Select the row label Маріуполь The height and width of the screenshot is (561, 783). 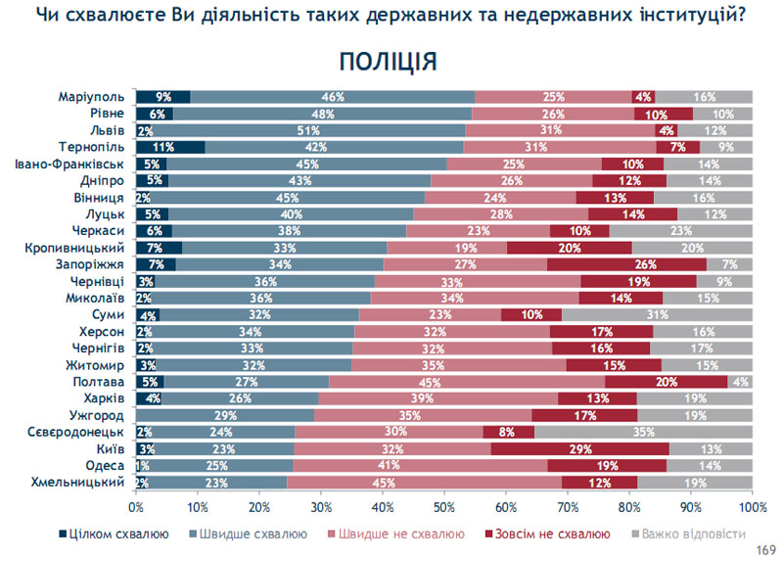pyautogui.click(x=91, y=97)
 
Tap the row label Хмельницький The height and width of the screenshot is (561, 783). pyautogui.click(x=82, y=483)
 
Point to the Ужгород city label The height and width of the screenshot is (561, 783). pyautogui.click(x=100, y=416)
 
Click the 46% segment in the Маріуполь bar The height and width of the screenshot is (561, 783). pyautogui.click(x=333, y=97)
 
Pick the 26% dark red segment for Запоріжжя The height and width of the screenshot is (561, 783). pyautogui.click(x=626, y=264)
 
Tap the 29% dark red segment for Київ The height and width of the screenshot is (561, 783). pyautogui.click(x=579, y=449)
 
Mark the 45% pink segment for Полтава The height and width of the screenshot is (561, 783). pyautogui.click(x=467, y=382)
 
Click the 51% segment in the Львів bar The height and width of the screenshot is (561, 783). pyautogui.click(x=308, y=130)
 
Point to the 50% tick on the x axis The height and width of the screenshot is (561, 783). pyautogui.click(x=444, y=508)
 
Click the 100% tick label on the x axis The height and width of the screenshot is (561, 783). pyautogui.click(x=752, y=508)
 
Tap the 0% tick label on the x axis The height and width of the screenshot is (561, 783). pyautogui.click(x=136, y=508)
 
